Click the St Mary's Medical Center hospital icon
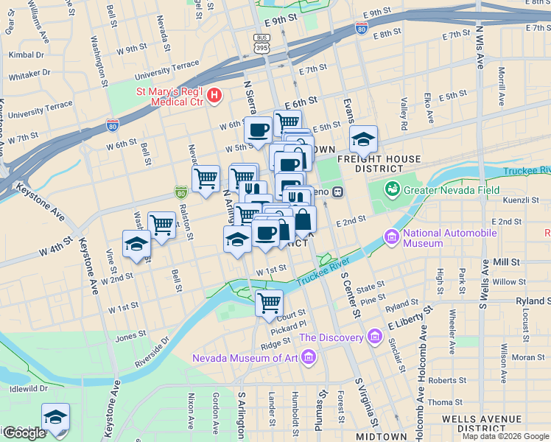[214, 94]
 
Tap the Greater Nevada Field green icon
[392, 189]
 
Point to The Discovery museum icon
[376, 337]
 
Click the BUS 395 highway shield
[262, 44]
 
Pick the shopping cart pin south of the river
[269, 302]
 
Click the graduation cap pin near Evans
[362, 138]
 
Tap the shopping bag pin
[303, 219]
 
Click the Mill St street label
[506, 262]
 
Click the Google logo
[24, 433]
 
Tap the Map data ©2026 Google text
[505, 436]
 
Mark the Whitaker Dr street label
[29, 73]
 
